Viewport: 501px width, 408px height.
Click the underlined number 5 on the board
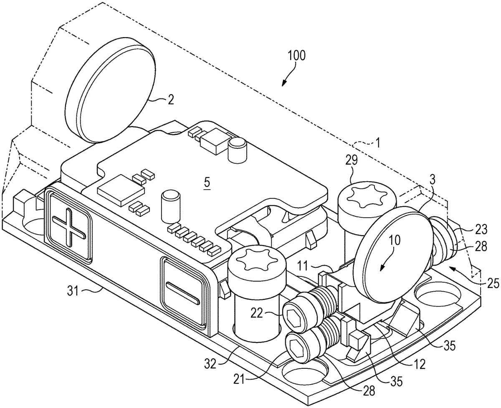[207, 182]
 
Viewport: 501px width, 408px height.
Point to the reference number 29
[352, 160]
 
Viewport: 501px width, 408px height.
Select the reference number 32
[210, 364]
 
